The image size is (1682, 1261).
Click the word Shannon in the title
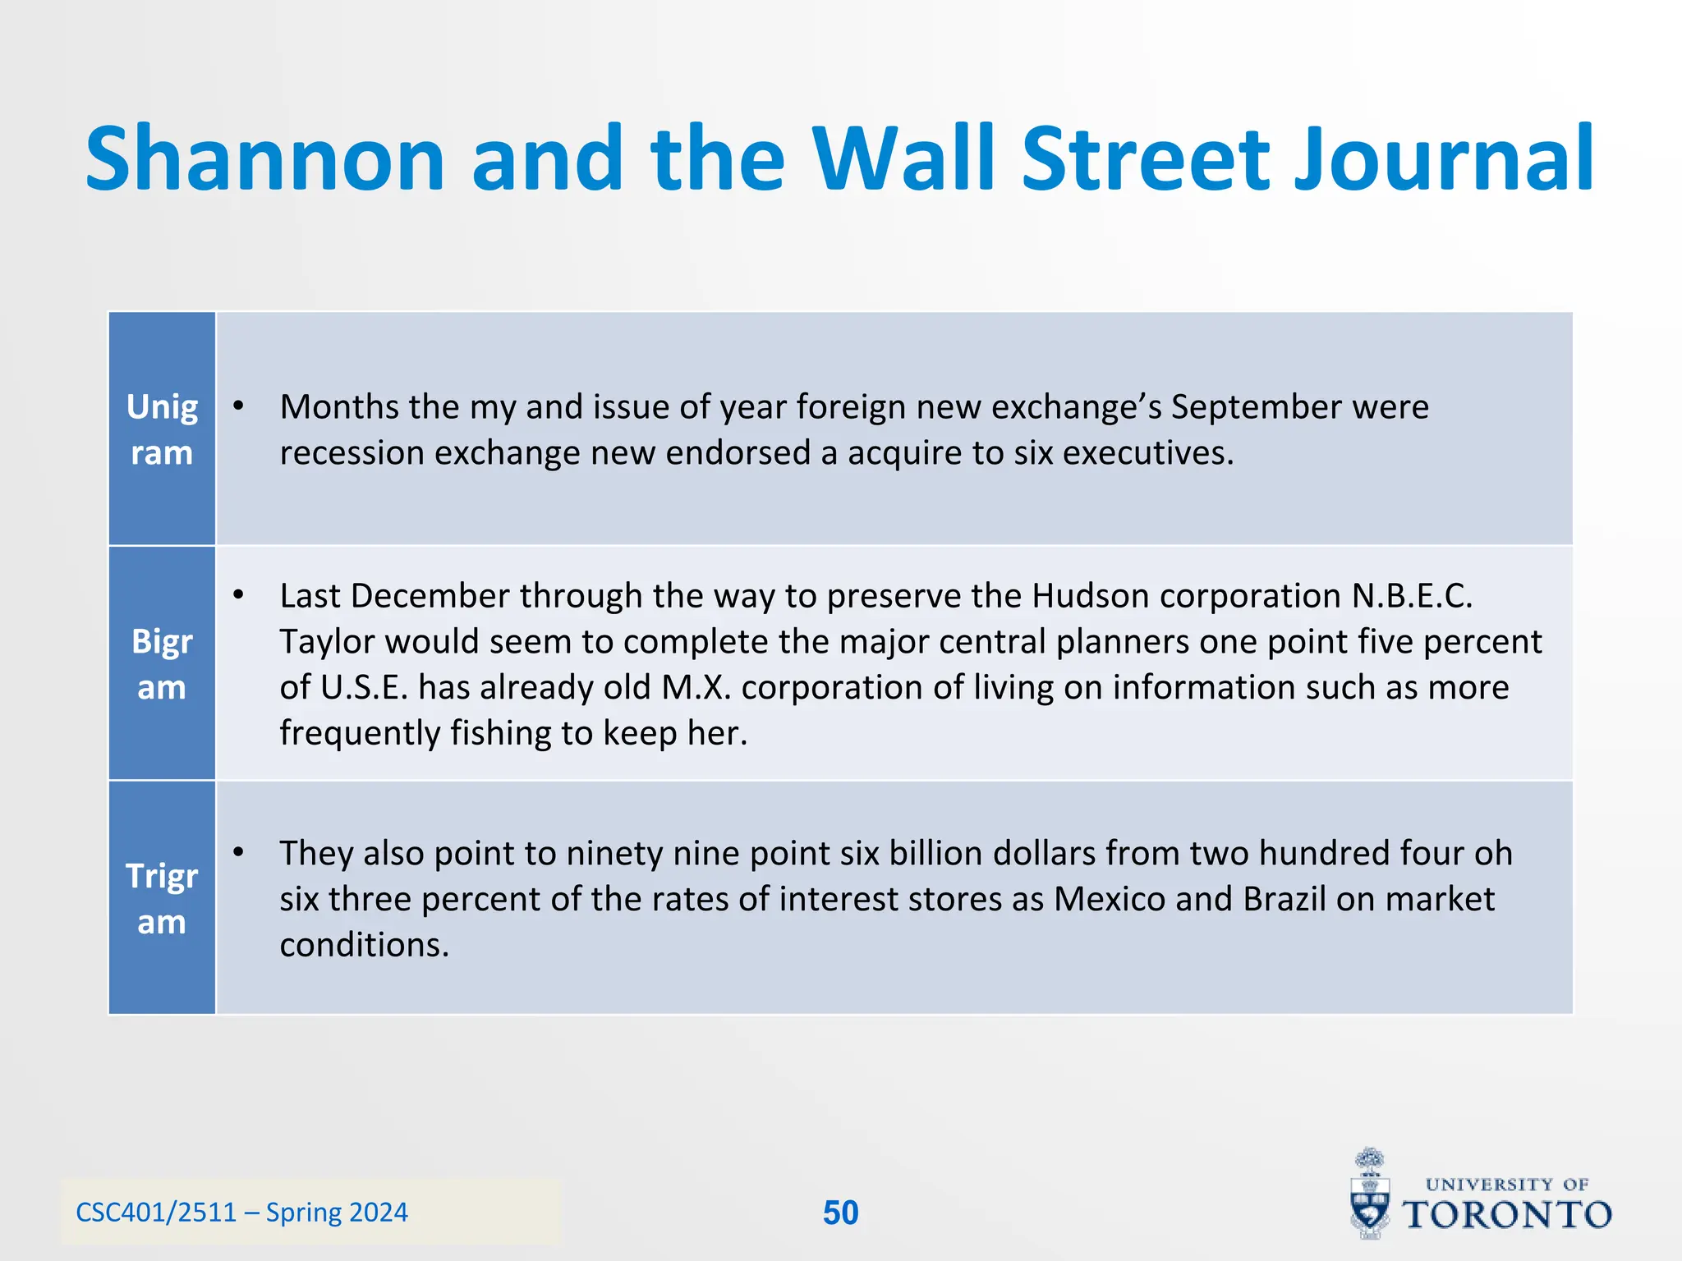click(x=264, y=158)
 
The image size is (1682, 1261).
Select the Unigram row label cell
click(x=162, y=429)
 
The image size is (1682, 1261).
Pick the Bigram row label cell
click(x=162, y=663)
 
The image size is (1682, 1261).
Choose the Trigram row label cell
click(x=162, y=898)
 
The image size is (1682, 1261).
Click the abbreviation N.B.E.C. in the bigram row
click(x=1412, y=596)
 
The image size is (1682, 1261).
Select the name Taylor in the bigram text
click(x=326, y=642)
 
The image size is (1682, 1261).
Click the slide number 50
click(x=840, y=1213)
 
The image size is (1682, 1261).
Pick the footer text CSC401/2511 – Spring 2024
click(x=241, y=1213)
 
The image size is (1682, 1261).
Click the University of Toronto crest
click(x=1371, y=1195)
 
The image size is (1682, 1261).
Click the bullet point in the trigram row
click(x=238, y=853)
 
